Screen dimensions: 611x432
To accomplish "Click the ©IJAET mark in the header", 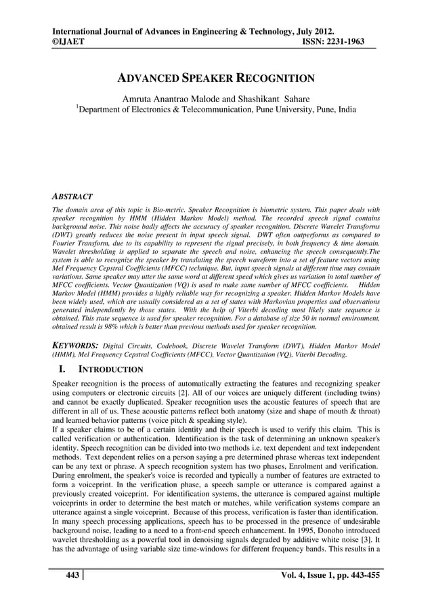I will coord(68,41).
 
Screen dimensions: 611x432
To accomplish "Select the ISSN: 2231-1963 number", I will coord(327,41).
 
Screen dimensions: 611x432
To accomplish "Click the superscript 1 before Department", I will coord(77,106).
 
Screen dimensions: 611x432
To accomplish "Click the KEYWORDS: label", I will coord(75,345).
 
